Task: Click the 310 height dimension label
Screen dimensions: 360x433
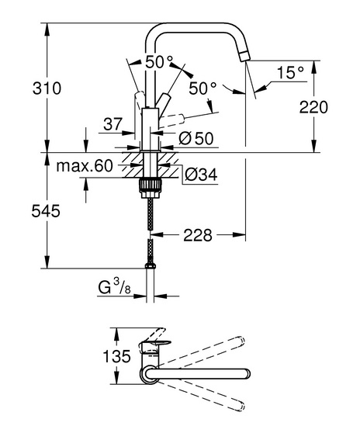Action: point(47,88)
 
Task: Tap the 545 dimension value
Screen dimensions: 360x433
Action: point(46,211)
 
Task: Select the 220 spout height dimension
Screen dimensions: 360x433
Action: point(313,107)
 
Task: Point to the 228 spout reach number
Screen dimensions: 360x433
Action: point(198,235)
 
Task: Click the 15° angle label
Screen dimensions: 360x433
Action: point(290,73)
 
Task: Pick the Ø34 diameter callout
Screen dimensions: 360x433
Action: point(201,175)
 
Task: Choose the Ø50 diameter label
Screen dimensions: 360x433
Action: point(196,138)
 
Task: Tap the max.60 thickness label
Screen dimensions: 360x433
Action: point(85,166)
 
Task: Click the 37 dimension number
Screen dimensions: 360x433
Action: point(112,124)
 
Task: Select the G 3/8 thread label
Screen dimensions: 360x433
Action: point(114,287)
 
